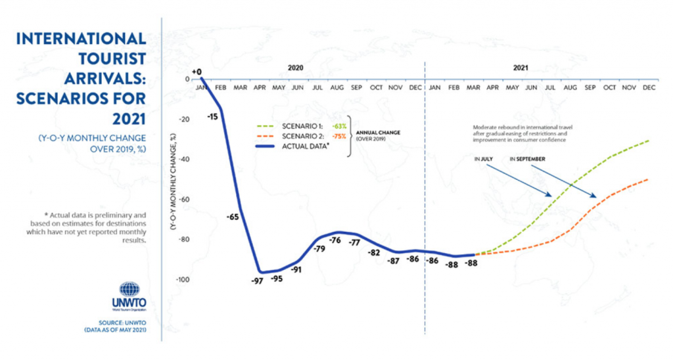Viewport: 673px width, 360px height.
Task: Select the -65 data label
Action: [x=232, y=216]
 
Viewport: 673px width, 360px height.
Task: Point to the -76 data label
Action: [x=335, y=240]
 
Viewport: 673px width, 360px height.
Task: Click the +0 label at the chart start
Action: [x=196, y=70]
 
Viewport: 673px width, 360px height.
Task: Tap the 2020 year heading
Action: [x=296, y=68]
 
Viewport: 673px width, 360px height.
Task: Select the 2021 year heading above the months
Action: [x=521, y=68]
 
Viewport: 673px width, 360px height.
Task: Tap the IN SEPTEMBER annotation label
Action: [x=528, y=158]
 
